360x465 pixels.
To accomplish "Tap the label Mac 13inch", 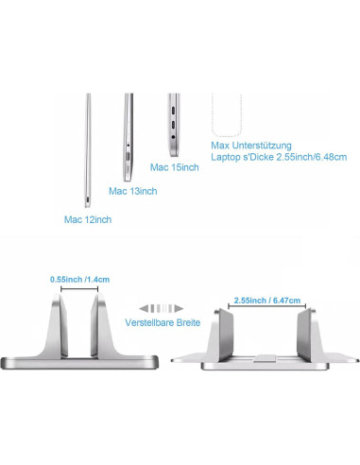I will pos(133,191).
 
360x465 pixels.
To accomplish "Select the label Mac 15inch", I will pos(175,167).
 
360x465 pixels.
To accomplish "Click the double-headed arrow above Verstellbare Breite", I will pos(159,307).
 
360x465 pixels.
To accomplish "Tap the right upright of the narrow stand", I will pos(98,326).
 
